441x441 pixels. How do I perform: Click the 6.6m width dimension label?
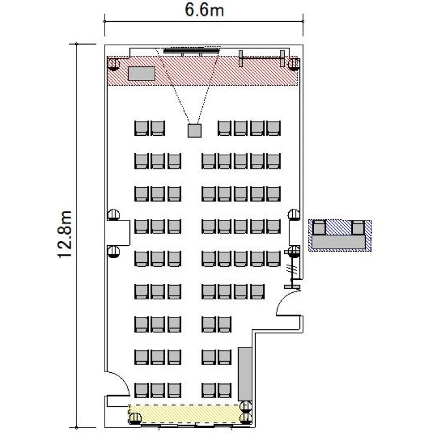click(204, 10)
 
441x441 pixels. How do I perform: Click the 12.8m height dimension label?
click(65, 234)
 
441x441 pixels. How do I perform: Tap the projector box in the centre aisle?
click(195, 131)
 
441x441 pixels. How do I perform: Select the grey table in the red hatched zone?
click(142, 73)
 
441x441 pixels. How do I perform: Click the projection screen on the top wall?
click(191, 51)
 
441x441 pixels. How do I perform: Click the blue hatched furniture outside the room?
click(340, 235)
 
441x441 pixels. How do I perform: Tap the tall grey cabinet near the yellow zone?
click(245, 374)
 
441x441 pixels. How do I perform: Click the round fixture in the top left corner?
click(113, 65)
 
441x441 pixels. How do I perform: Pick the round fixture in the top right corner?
click(294, 65)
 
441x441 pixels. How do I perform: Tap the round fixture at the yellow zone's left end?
click(135, 418)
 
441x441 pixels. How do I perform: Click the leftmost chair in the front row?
click(141, 128)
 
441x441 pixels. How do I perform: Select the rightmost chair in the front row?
click(273, 128)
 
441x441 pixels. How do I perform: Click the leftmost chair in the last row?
click(141, 390)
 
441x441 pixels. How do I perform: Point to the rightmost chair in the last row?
click(225, 390)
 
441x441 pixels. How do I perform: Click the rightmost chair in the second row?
click(273, 161)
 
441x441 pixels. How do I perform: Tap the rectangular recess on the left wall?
click(118, 233)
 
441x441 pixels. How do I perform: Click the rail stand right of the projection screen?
click(262, 58)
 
